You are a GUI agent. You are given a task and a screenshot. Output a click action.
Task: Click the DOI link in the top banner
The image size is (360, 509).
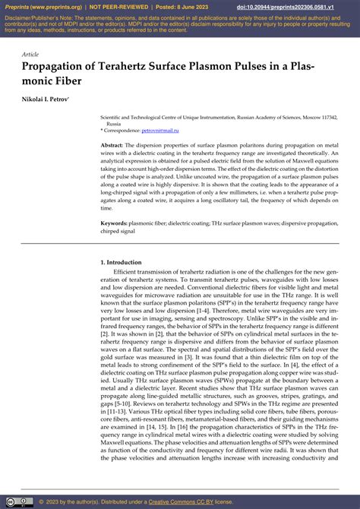[x=300, y=7]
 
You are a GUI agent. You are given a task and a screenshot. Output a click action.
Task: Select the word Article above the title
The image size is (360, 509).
[x=30, y=55]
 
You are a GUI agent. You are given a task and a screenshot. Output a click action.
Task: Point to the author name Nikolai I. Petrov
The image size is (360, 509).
[x=48, y=100]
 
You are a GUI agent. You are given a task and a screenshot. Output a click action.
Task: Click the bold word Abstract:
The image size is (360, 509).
[x=112, y=144]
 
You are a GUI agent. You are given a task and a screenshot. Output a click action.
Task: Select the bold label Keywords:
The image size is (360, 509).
[x=115, y=224]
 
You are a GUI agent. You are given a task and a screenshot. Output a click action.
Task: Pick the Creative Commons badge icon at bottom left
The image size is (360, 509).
[x=19, y=501]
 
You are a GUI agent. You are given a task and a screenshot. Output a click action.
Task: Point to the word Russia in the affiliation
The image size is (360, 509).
[x=113, y=124]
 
